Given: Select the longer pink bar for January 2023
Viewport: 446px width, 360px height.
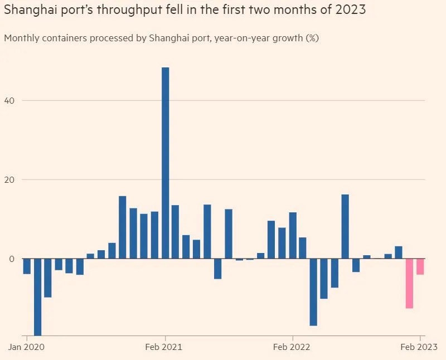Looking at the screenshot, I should (409, 283).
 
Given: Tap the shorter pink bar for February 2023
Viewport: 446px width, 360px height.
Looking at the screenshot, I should (420, 266).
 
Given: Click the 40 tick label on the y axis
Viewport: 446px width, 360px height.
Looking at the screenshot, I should (11, 100).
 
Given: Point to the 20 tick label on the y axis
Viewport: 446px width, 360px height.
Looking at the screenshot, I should (11, 179).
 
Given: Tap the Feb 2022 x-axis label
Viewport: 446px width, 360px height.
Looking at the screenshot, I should (293, 347).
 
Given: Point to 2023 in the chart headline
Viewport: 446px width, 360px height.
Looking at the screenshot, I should (350, 10).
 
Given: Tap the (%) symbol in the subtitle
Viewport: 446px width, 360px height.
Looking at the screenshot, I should (312, 38).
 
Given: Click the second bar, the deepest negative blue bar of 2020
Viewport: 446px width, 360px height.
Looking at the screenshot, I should (37, 297).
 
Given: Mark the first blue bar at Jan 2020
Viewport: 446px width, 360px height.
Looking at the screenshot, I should (27, 266).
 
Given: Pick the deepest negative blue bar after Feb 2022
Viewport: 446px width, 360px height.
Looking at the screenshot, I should (313, 292).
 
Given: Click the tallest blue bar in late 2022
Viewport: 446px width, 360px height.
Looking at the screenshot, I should (345, 226).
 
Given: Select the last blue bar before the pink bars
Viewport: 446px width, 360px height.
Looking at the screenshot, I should (399, 252).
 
